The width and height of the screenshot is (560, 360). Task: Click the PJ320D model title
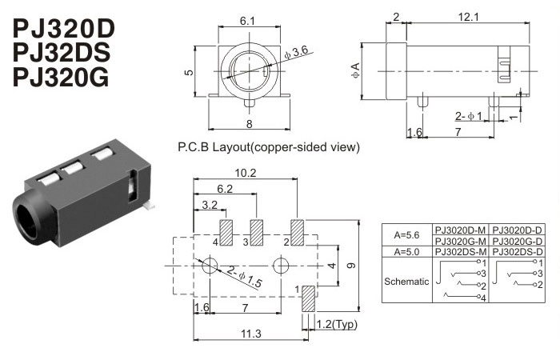(65, 30)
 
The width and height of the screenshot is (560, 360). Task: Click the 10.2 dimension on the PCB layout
(245, 173)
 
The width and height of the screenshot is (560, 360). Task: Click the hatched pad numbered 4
(226, 232)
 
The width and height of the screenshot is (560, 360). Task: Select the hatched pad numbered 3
(257, 232)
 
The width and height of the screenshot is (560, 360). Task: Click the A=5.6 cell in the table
(407, 235)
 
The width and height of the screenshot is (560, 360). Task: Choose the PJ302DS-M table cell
(460, 252)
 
